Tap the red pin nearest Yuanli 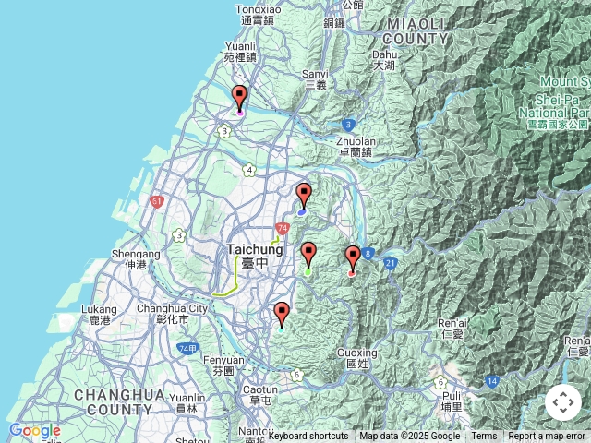click(239, 98)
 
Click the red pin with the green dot click(308, 255)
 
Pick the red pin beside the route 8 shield click(352, 258)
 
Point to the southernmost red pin click(282, 315)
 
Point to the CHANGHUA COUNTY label click(119, 401)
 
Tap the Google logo click(34, 431)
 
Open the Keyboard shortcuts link click(308, 437)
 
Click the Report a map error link click(547, 437)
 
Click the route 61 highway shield click(157, 201)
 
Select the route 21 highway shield click(391, 264)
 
